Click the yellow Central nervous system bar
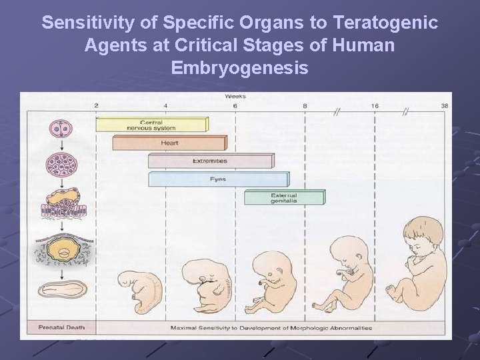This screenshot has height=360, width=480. [152, 124]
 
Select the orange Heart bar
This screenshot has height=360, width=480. [169, 143]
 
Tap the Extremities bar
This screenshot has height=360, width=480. [209, 161]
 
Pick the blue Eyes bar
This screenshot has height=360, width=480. [218, 179]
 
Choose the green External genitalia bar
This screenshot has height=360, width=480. [284, 197]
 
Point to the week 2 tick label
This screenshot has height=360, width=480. [96, 105]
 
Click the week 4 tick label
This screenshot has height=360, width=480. [165, 105]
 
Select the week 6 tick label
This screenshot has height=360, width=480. [235, 105]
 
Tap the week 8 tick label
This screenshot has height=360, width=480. [305, 105]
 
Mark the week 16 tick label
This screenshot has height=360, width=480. [375, 105]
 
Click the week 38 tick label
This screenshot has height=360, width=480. [445, 105]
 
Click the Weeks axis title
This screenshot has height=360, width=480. [235, 96]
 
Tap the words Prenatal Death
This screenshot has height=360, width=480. [61, 328]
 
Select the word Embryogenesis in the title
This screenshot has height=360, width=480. [239, 68]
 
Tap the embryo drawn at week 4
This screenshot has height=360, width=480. [140, 291]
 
